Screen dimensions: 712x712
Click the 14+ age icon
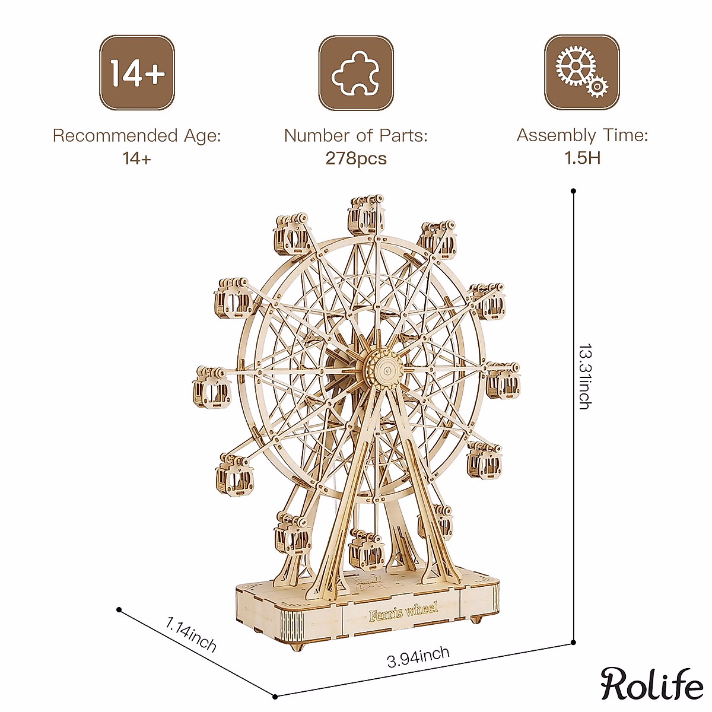point(136,73)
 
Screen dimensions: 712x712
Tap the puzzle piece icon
point(356,73)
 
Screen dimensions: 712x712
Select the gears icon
point(582,72)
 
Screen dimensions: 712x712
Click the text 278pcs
point(356,158)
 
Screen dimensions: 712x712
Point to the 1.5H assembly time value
point(582,158)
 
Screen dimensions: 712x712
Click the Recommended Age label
point(136,136)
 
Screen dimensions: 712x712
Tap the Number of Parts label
point(355,136)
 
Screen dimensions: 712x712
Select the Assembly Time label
point(582,135)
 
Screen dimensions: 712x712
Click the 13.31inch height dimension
point(585,377)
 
